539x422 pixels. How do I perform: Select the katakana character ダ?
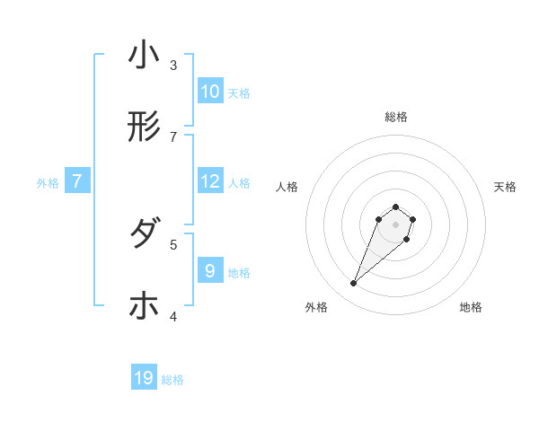tap(144, 234)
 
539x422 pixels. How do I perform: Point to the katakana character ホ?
tap(144, 306)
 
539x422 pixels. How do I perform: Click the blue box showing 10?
tap(210, 92)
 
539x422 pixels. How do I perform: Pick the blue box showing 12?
tap(210, 181)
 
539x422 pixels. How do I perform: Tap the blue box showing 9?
tap(210, 271)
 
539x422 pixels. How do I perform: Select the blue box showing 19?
tap(144, 379)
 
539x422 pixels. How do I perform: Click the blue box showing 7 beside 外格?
tap(77, 181)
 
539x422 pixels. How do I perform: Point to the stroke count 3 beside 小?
tap(173, 65)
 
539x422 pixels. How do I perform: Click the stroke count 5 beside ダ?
tap(173, 243)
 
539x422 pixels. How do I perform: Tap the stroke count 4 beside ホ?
tap(173, 316)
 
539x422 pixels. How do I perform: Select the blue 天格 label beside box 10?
tap(239, 93)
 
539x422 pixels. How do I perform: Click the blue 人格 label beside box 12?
tap(239, 183)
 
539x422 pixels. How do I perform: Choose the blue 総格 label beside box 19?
tap(172, 381)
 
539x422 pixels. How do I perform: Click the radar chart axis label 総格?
tap(395, 117)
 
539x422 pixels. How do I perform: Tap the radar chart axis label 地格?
tap(471, 307)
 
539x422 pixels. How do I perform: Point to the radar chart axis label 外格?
tap(316, 307)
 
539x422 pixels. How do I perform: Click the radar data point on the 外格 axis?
tap(354, 284)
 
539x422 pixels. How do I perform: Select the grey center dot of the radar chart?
tap(395, 224)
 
